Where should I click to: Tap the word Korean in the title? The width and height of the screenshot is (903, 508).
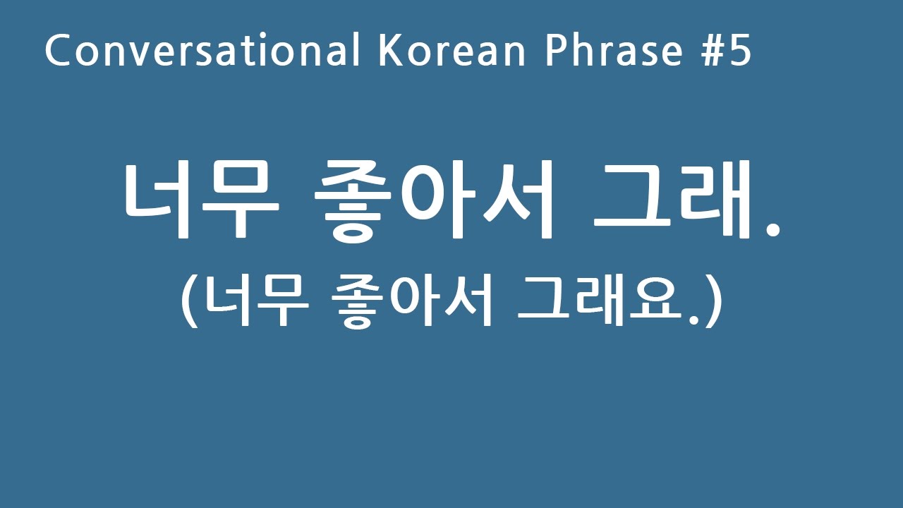click(452, 51)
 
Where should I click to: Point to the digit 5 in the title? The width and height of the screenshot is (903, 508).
click(739, 51)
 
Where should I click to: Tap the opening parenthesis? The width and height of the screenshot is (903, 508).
click(188, 303)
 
